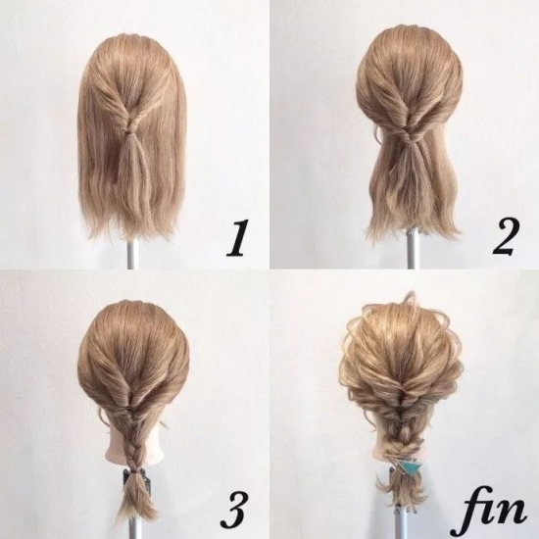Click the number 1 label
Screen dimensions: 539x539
236,238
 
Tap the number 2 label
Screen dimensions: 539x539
505,237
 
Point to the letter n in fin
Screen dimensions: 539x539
514,512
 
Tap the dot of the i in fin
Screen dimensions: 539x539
497,491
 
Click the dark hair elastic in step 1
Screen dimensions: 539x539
130,132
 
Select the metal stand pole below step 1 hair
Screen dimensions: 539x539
132,253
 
